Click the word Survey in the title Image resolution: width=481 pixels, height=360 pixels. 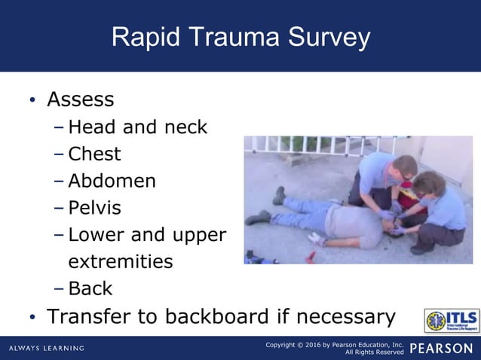click(326, 38)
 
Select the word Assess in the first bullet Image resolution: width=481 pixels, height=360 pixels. click(81, 99)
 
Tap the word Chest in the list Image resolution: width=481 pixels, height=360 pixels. click(94, 154)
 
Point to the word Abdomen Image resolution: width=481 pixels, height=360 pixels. click(112, 182)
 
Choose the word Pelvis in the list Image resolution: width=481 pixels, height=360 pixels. click(94, 208)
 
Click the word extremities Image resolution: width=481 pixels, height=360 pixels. click(120, 261)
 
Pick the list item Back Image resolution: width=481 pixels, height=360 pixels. click(90, 288)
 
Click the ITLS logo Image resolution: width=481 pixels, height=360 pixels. click(451, 321)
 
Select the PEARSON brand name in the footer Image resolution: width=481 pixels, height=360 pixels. click(442, 348)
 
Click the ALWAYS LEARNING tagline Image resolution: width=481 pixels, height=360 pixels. click(47, 348)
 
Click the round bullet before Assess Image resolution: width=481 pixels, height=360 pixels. click(32, 101)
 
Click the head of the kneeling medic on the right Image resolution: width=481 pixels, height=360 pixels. click(427, 182)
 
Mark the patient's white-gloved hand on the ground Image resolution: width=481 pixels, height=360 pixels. click(316, 239)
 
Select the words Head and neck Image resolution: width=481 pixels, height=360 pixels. click(137, 127)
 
